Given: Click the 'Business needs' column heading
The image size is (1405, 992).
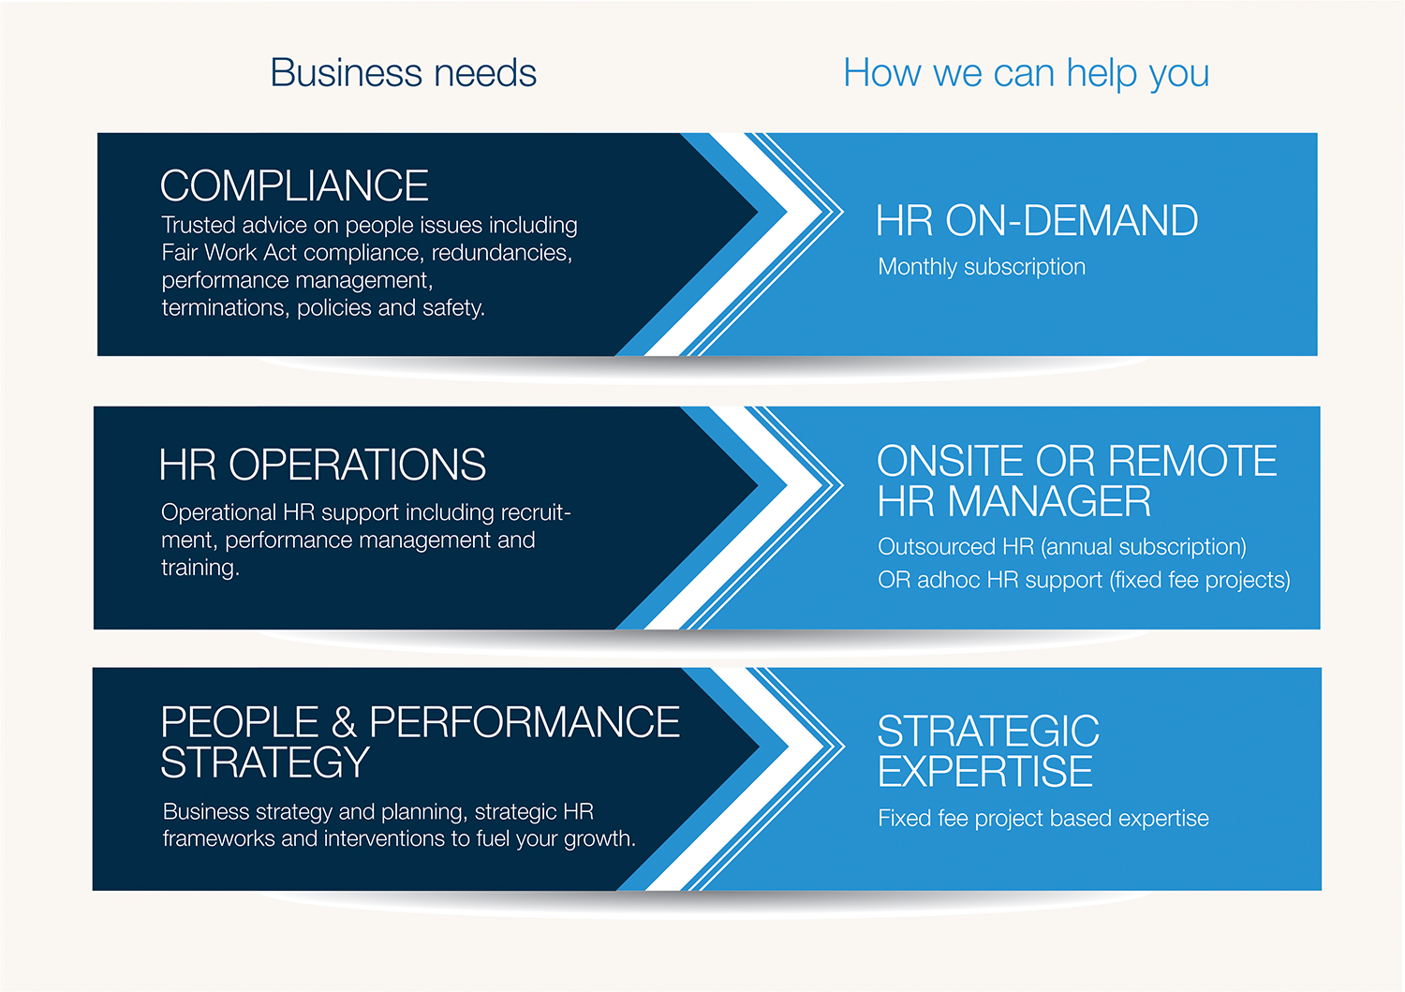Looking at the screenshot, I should [x=403, y=73].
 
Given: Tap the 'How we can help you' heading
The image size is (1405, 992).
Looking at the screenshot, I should [x=1026, y=73].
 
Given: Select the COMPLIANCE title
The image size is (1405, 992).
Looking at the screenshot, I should [x=294, y=185].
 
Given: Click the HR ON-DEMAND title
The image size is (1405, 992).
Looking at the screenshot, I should [x=1037, y=221].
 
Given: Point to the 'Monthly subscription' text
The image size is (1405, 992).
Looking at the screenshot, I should [x=982, y=267].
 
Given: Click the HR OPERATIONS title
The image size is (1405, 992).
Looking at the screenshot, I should [x=322, y=465].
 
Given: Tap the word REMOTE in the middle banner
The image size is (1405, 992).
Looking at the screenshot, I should [x=1192, y=461].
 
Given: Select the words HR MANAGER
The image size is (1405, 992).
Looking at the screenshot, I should [x=1014, y=502].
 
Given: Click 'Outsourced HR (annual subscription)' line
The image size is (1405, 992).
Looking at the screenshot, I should [x=1062, y=547].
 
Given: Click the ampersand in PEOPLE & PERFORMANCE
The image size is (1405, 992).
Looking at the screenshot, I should [x=344, y=722].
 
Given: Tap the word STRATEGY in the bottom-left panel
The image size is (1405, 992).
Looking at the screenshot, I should [x=265, y=763].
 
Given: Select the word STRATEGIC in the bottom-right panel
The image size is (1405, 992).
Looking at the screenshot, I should [x=988, y=732].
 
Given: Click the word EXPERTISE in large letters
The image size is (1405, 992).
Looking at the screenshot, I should [x=985, y=772].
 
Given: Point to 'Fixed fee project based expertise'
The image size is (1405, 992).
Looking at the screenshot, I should [x=1043, y=819].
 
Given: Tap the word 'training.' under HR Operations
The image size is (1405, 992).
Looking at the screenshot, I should [x=200, y=568].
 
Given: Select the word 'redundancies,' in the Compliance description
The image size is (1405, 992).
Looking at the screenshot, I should [x=502, y=253].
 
